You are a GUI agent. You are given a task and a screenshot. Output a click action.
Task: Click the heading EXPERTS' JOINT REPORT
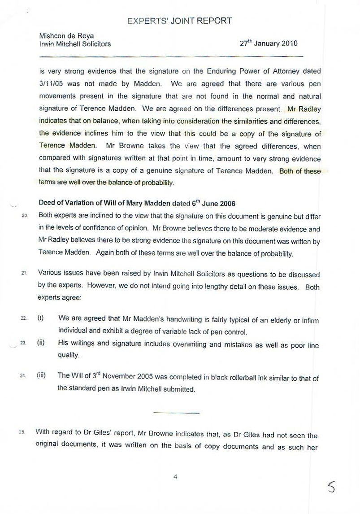pyautogui.click(x=179, y=21)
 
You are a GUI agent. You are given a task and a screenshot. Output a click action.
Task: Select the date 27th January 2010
pyautogui.click(x=269, y=44)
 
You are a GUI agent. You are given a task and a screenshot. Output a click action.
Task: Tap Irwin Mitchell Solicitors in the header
pyautogui.click(x=75, y=44)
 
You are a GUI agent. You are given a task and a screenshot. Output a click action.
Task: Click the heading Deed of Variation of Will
pyautogui.click(x=137, y=202)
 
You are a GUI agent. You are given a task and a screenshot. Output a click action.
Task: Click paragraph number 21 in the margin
pyautogui.click(x=25, y=273)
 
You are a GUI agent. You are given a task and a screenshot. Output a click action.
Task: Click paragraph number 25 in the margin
pyautogui.click(x=22, y=432)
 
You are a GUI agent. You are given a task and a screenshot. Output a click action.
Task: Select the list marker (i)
pyautogui.click(x=40, y=318)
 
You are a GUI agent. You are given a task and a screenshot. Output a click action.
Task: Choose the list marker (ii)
pyautogui.click(x=41, y=343)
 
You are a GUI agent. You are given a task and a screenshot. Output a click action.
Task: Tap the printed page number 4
pyautogui.click(x=176, y=477)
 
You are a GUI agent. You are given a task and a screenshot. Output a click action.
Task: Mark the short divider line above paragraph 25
pyautogui.click(x=176, y=412)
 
